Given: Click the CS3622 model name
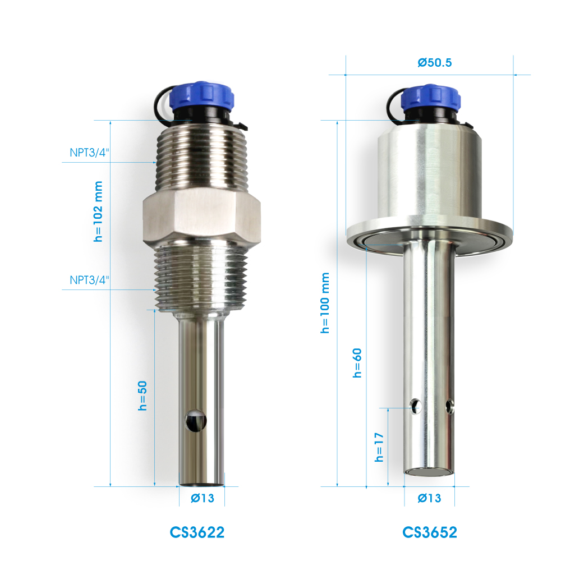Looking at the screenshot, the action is tap(197, 532).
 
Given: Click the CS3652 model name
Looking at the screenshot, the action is tap(430, 532).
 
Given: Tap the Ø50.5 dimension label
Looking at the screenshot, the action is tap(435, 63).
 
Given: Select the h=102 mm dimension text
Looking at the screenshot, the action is tap(98, 211).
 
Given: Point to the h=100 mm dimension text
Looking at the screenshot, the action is tap(325, 303).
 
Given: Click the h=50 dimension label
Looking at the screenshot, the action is tap(142, 396).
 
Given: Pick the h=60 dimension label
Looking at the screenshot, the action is tap(357, 363).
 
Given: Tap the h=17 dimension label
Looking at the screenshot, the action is tap(379, 447).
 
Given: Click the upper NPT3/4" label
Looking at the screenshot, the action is tap(89, 153).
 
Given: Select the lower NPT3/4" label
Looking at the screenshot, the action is tap(89, 280).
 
